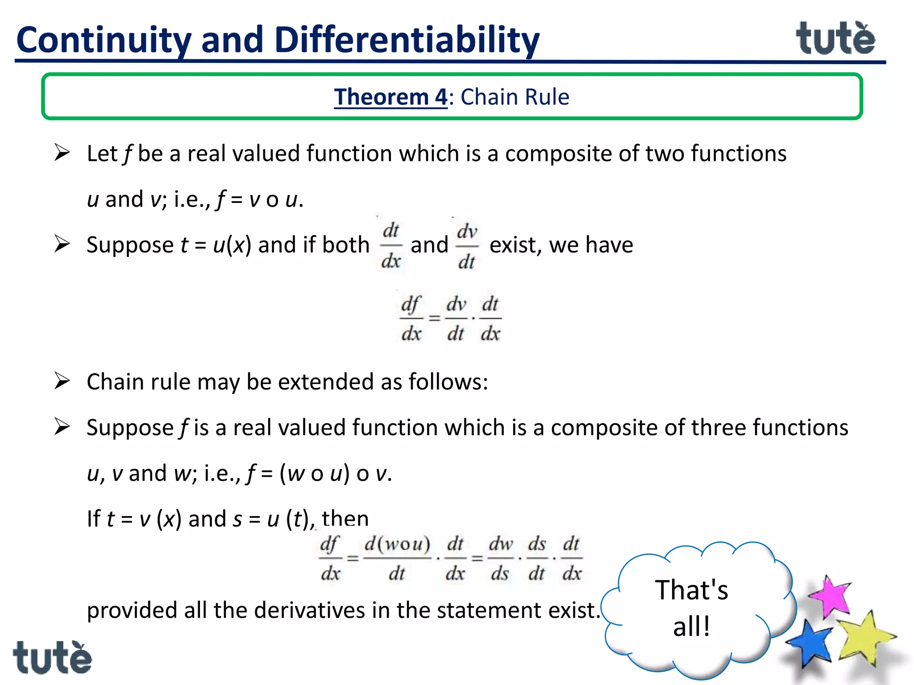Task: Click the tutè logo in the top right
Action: (x=835, y=39)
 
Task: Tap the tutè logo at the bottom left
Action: (x=52, y=658)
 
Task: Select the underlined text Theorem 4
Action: (x=391, y=97)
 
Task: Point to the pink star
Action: (x=831, y=597)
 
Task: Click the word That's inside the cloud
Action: (x=691, y=590)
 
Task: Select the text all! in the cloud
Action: (x=691, y=626)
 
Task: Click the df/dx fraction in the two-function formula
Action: (x=411, y=318)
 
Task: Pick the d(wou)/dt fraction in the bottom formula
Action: (x=397, y=558)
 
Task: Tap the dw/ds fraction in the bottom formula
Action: (x=500, y=558)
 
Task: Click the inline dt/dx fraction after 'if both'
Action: (x=391, y=246)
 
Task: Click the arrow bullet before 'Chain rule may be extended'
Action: (x=62, y=381)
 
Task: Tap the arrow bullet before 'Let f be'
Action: (x=62, y=153)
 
